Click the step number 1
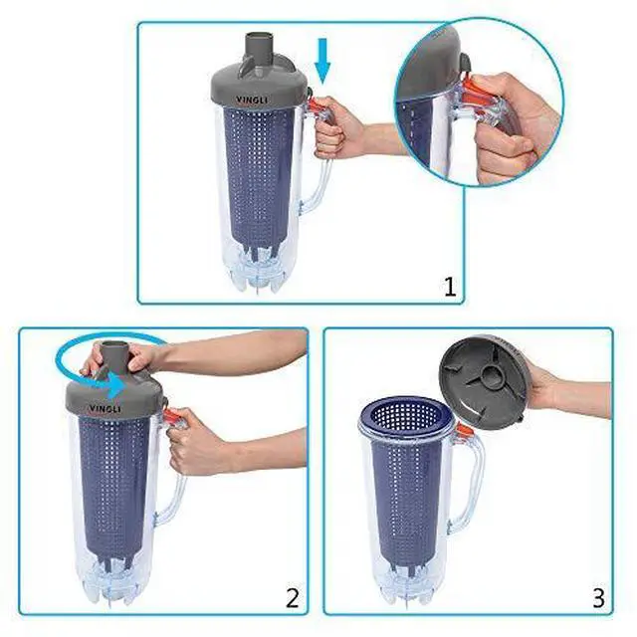coord(450,287)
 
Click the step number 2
coord(293,597)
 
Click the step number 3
coord(598,597)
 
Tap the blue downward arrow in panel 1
coord(322,61)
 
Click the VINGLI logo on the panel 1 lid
coord(252,99)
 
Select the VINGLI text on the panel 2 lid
coord(105,408)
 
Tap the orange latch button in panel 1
coord(316,106)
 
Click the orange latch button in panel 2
coord(169,416)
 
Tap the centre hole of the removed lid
coord(491,371)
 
